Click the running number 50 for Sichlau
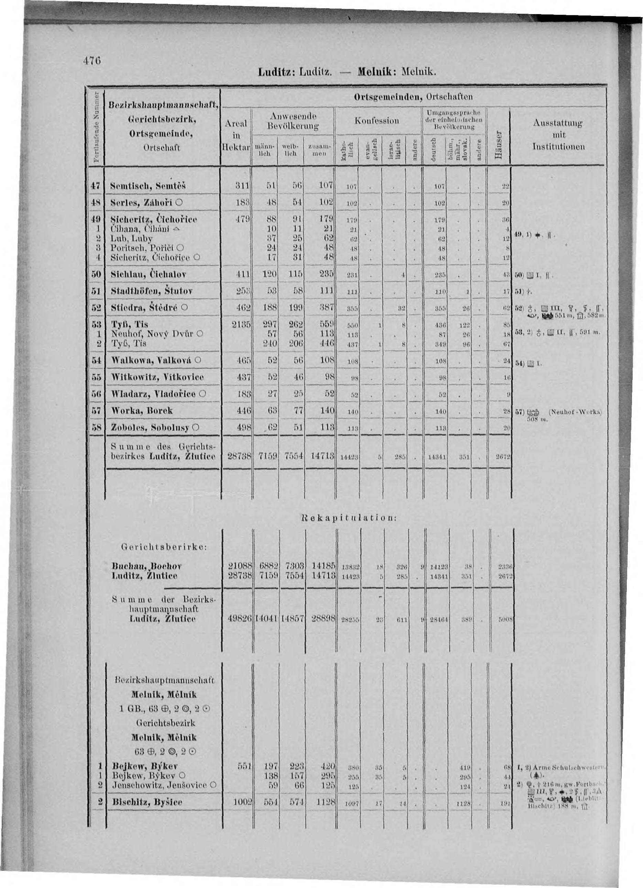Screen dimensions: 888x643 click(96, 274)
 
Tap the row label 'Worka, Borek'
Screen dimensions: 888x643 click(142, 411)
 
